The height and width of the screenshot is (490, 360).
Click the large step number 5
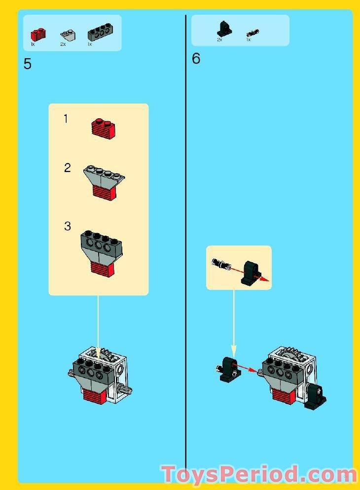[x=28, y=64]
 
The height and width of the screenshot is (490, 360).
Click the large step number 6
[x=196, y=59]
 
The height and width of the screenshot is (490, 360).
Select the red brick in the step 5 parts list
[x=37, y=34]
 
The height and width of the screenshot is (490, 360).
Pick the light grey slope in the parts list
[x=67, y=35]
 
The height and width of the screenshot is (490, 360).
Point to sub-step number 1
[x=66, y=119]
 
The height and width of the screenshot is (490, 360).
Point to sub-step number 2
[x=68, y=168]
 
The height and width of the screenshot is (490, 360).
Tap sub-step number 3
[x=68, y=227]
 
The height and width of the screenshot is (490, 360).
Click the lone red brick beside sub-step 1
[x=104, y=128]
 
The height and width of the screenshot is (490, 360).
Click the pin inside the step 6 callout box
[x=220, y=264]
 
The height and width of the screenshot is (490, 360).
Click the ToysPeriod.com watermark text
[x=259, y=475]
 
